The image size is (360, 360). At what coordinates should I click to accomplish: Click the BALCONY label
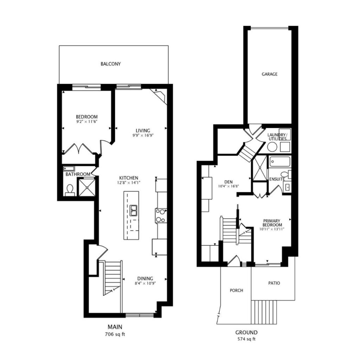111,64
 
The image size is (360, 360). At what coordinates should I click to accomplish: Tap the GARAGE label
270,74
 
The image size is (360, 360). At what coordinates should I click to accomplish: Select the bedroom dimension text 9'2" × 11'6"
87,122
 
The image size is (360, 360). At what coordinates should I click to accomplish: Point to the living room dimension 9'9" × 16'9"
143,135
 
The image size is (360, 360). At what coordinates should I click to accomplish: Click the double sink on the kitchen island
133,211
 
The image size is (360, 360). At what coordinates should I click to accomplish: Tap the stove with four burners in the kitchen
161,216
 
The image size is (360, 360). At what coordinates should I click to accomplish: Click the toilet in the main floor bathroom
70,191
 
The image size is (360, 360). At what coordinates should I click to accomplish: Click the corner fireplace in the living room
159,96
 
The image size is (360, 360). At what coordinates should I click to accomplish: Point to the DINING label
145,278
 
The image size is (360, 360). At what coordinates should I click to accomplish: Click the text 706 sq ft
115,334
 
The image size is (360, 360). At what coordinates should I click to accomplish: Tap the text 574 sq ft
246,339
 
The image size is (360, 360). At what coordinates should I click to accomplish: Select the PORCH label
236,290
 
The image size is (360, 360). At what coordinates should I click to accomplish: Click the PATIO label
274,283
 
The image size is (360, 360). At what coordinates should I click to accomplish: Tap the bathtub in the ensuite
280,162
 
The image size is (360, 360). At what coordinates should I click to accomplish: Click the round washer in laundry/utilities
272,147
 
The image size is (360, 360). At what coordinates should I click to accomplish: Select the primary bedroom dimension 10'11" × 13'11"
272,229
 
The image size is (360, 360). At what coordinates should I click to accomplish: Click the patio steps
264,312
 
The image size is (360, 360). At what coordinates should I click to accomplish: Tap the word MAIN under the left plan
115,327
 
